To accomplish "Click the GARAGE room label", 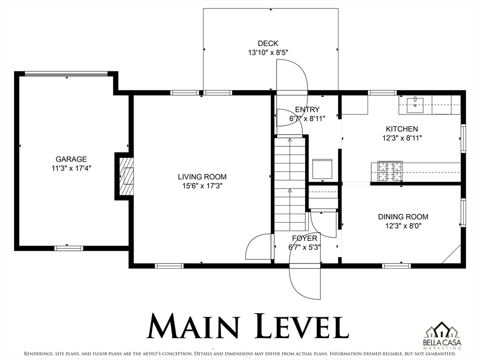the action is point(71,159).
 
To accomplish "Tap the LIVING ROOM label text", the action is point(202,177).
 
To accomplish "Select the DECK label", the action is point(268,44).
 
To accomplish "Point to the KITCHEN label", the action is point(402,129).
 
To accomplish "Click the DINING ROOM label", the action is point(403,217).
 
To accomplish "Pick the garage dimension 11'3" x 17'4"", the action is point(71,168).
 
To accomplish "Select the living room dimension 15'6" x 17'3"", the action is point(202,186).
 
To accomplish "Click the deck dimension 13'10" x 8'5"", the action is point(268,52).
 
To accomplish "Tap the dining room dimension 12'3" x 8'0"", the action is point(403,226).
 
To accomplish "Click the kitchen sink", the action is point(415,105).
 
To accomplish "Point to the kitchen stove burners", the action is point(390,172).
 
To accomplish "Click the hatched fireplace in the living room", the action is point(126,176).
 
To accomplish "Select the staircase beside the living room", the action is point(290,184).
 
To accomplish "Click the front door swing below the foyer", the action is point(305,282).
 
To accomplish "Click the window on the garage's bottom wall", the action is point(68,248).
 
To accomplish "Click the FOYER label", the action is point(305,238).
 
